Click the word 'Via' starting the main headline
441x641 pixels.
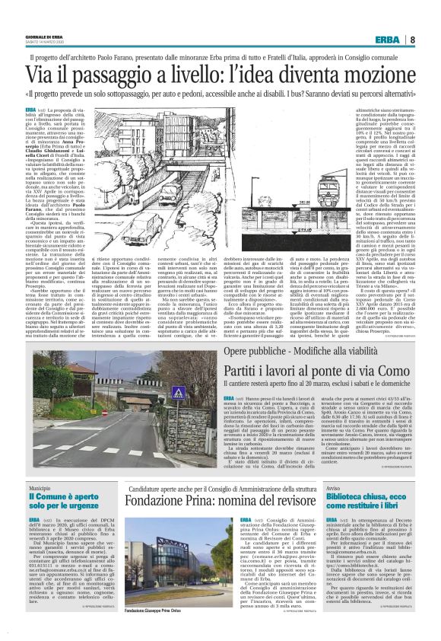point(60,75)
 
